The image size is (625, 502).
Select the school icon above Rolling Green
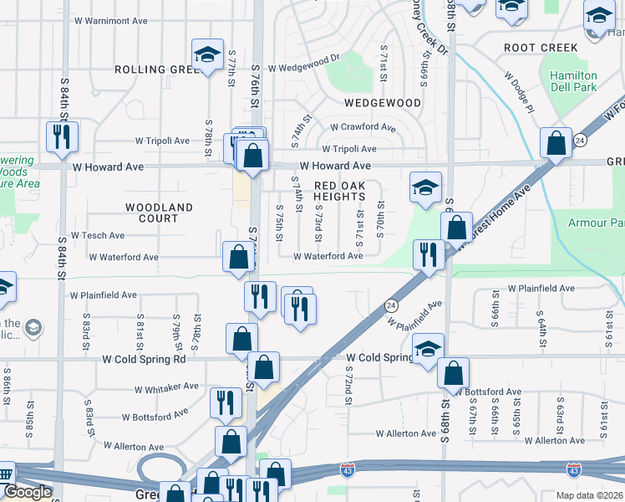click(x=207, y=55)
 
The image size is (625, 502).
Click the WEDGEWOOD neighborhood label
click(x=383, y=103)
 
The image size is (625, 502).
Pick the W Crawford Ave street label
click(x=363, y=127)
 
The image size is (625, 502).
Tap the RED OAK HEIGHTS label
click(x=339, y=191)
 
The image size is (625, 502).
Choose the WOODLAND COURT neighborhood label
click(x=159, y=213)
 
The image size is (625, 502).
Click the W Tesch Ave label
click(x=98, y=236)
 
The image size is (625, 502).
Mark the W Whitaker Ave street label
click(x=167, y=387)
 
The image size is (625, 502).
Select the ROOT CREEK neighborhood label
click(x=541, y=49)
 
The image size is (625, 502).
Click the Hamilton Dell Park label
click(x=573, y=81)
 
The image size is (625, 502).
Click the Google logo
click(x=28, y=492)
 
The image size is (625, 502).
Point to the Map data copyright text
click(x=580, y=495)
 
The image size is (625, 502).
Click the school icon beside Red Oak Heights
click(x=425, y=187)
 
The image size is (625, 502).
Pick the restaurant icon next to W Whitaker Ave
click(x=226, y=402)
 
